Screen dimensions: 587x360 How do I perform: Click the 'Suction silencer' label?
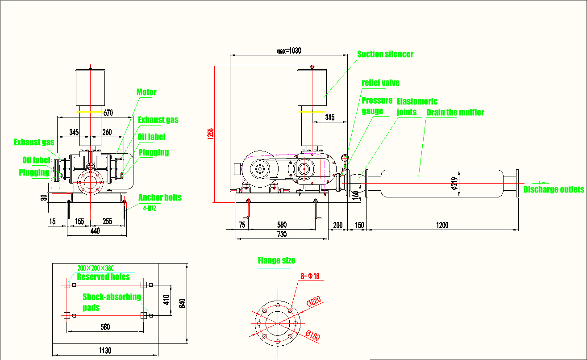(x=385, y=54)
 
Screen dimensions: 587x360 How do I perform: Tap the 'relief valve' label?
(x=380, y=83)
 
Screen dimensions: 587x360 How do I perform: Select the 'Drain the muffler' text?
(x=455, y=112)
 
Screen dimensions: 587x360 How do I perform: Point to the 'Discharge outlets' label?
(x=554, y=189)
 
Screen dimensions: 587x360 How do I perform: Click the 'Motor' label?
(x=146, y=92)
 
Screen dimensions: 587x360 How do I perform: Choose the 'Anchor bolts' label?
(x=160, y=197)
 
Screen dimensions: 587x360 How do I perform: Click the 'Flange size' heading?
(x=276, y=260)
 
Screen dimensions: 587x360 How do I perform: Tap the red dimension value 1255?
(x=211, y=134)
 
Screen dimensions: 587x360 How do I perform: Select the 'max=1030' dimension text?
(x=289, y=50)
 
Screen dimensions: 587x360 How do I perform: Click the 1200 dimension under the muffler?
(x=442, y=225)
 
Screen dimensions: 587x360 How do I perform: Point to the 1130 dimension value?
(x=105, y=351)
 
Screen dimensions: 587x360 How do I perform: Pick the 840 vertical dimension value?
(x=183, y=303)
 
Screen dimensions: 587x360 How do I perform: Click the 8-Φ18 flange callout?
(x=310, y=276)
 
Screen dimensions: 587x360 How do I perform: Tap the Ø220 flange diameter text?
(x=314, y=301)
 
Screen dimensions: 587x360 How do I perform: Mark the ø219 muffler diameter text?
(x=455, y=183)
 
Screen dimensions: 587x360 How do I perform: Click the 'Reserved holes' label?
(x=103, y=277)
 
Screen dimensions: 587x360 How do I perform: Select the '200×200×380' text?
(x=96, y=268)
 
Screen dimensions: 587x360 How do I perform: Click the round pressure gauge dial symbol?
(x=345, y=158)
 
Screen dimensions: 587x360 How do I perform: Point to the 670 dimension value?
(x=108, y=113)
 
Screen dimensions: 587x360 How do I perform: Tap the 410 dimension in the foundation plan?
(x=166, y=300)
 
